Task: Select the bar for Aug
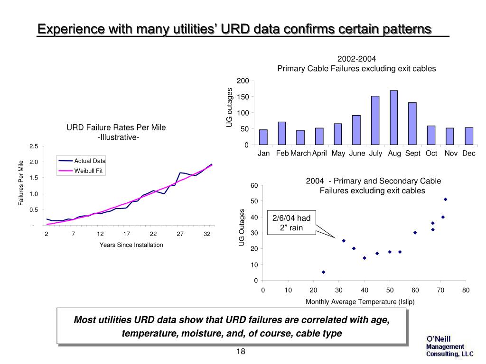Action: pos(393,118)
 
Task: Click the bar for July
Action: pos(375,120)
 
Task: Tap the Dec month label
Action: pos(468,154)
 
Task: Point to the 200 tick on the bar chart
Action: pos(243,81)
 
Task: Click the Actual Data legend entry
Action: pos(90,161)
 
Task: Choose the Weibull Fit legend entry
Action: pos(88,171)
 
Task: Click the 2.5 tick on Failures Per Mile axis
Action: pos(33,146)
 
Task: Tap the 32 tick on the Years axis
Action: pos(207,234)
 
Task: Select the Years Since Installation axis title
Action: pos(131,245)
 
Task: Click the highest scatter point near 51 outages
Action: pos(445,199)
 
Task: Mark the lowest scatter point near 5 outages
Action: pos(323,272)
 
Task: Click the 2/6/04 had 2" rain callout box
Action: pos(291,223)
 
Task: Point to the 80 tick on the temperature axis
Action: pos(466,290)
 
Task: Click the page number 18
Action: pos(240,352)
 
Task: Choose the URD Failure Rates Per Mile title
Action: pos(116,128)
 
